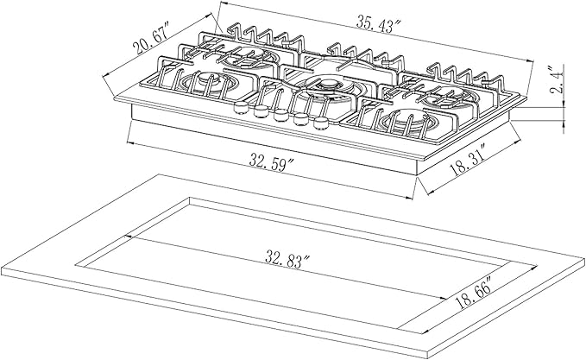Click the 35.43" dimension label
[x=378, y=24]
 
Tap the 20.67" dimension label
[x=151, y=38]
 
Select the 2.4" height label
[x=558, y=80]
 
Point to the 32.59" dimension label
[x=273, y=164]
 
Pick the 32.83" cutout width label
[x=288, y=259]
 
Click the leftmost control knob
[x=240, y=107]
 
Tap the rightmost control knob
[x=321, y=123]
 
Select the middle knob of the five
[x=280, y=115]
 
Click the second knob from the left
[x=261, y=111]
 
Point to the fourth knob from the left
[x=300, y=119]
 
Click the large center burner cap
[x=327, y=84]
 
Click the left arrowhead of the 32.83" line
[x=129, y=237]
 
